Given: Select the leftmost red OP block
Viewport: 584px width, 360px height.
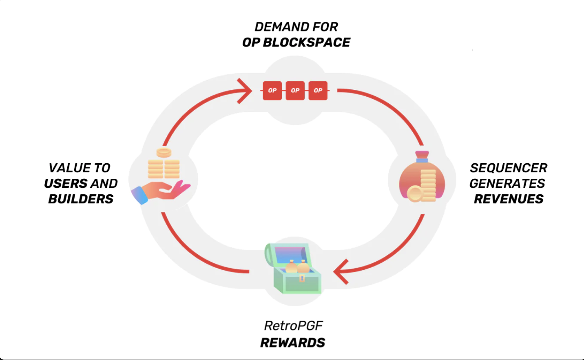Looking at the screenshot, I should click(x=272, y=91).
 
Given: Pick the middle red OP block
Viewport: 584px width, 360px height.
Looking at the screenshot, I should click(x=295, y=91).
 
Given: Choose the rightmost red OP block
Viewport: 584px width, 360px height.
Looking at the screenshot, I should click(x=318, y=91).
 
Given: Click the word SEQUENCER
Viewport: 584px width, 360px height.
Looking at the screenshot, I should click(x=508, y=168).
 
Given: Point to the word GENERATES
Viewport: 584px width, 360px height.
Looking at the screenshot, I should click(x=507, y=183).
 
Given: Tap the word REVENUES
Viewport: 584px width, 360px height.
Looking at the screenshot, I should click(x=509, y=199).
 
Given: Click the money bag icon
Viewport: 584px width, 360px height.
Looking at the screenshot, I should click(x=422, y=180).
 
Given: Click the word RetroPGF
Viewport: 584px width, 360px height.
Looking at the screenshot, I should click(x=293, y=326).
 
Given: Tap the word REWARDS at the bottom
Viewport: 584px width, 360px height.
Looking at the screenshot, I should click(x=293, y=342).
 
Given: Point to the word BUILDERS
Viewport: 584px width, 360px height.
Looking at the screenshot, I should click(x=81, y=199).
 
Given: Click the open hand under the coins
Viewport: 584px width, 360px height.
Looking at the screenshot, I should click(x=163, y=191).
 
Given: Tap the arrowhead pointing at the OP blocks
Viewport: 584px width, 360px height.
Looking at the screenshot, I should click(x=246, y=91).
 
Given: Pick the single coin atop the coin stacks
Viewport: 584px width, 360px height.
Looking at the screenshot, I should click(x=164, y=153).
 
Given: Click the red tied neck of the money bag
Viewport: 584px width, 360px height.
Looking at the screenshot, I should click(x=422, y=156).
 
